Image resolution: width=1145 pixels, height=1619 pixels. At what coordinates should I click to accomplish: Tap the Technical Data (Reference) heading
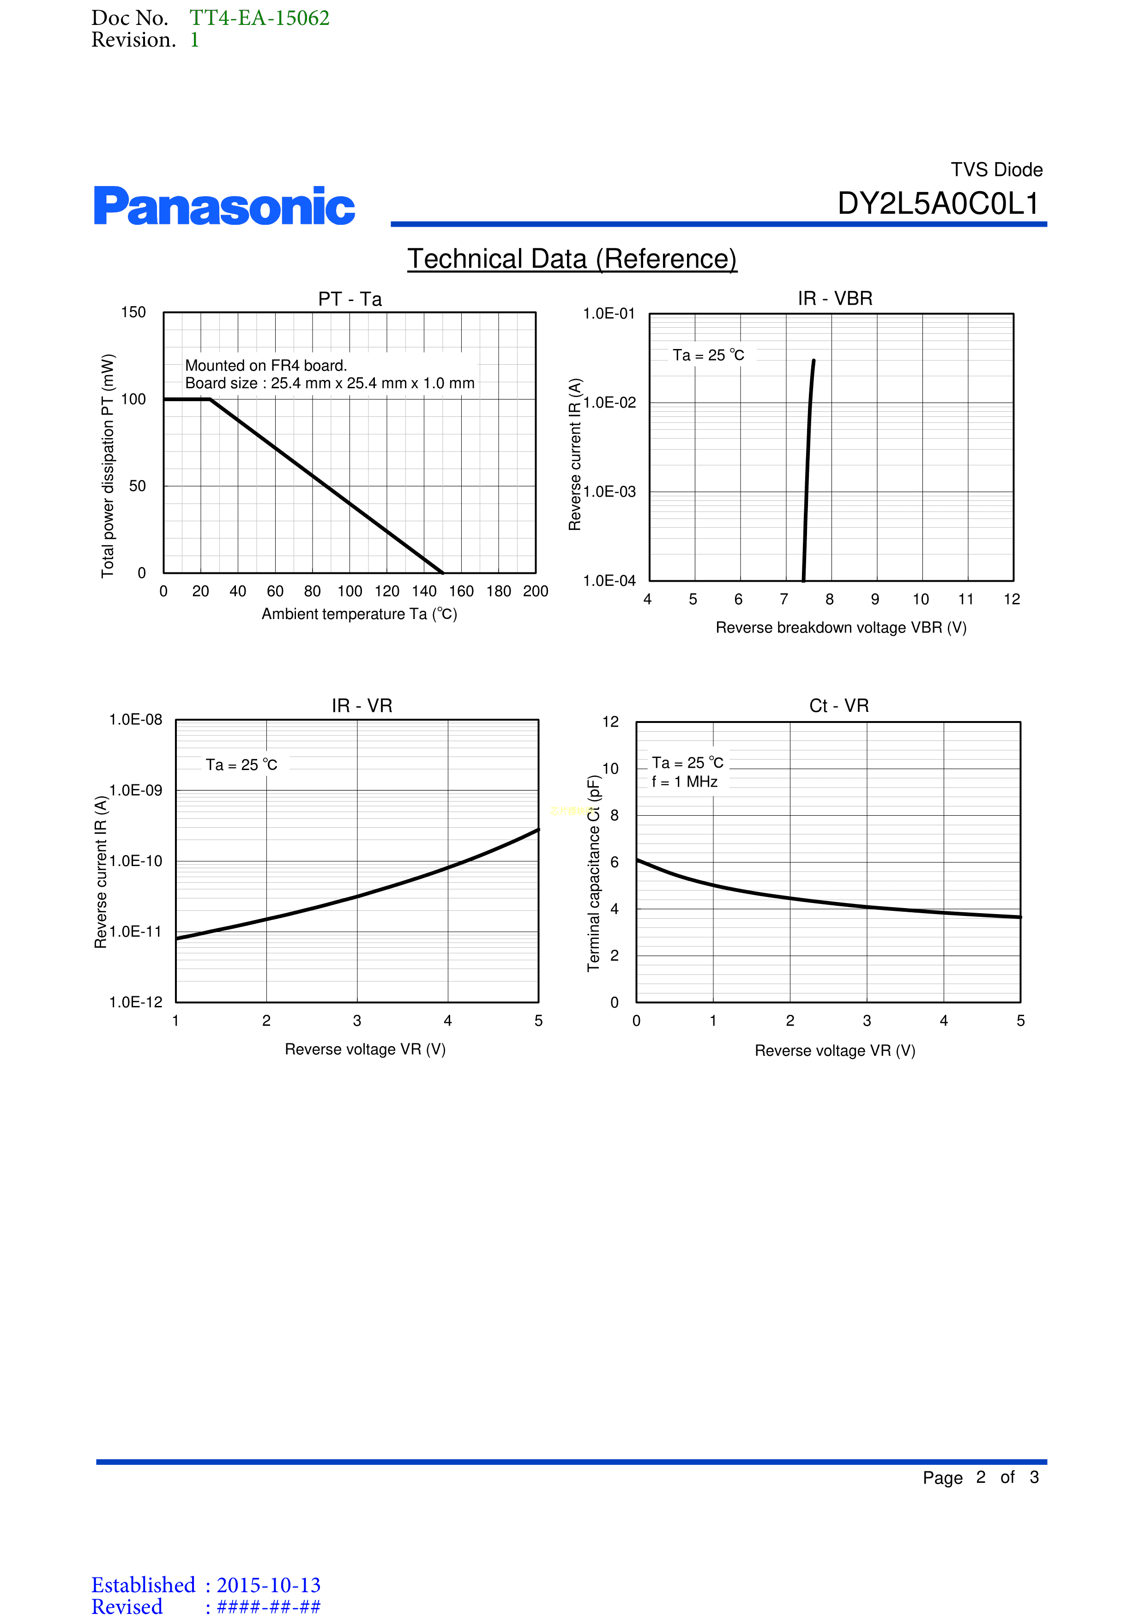(572, 259)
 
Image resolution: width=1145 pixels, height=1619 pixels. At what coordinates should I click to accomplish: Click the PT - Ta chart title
(350, 299)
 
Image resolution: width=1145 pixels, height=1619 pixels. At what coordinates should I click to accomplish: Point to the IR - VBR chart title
(835, 298)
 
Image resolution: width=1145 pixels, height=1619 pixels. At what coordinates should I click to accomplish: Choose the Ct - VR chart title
(839, 706)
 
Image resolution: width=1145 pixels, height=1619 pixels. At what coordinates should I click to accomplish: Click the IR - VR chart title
(362, 706)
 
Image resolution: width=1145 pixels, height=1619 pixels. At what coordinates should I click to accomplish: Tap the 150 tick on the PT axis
(133, 313)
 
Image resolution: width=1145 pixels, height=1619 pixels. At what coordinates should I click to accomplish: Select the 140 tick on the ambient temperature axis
(424, 591)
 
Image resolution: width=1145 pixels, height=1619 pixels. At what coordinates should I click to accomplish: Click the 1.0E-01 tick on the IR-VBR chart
(609, 313)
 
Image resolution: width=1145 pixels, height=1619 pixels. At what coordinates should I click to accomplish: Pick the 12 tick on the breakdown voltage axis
(1012, 599)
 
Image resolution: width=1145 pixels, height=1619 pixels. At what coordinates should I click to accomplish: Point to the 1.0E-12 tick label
(135, 1002)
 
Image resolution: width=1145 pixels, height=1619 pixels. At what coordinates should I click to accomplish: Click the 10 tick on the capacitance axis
(610, 769)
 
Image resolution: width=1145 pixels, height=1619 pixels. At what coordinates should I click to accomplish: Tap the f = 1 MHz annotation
(685, 781)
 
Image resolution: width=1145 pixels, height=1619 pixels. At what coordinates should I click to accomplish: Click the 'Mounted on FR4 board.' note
(266, 365)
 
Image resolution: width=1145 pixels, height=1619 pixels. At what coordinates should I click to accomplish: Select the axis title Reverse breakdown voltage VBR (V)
(841, 627)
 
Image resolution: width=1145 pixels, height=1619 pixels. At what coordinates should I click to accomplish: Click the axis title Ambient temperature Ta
(360, 614)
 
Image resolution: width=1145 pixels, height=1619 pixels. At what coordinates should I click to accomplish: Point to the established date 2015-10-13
(269, 1585)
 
